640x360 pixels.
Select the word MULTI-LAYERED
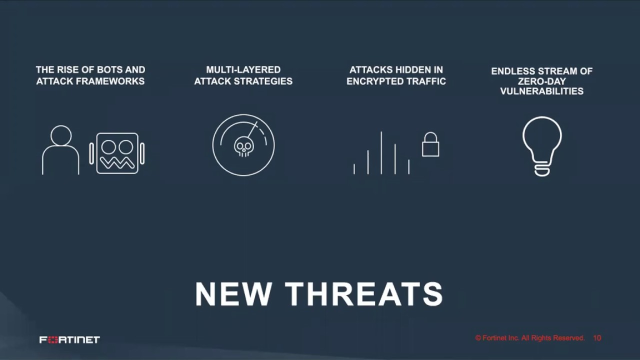click(x=243, y=70)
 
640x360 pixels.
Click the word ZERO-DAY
click(x=542, y=81)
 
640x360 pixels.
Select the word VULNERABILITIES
click(x=542, y=91)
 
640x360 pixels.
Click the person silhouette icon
click(x=60, y=150)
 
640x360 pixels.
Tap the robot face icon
click(x=117, y=153)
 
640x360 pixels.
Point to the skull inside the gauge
click(x=243, y=146)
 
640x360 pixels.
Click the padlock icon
click(x=430, y=145)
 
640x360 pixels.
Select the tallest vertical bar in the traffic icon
click(x=381, y=153)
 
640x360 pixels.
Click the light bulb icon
click(x=542, y=145)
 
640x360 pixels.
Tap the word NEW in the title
click(x=233, y=294)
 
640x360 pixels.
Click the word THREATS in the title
click(x=364, y=294)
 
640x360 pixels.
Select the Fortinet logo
click(x=69, y=340)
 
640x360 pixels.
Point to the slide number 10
click(x=597, y=338)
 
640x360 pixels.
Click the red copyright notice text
click(x=530, y=338)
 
